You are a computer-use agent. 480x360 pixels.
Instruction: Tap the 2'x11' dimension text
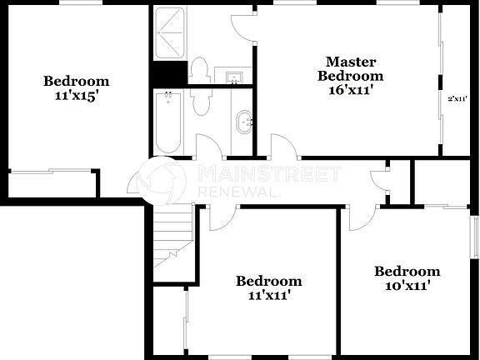[x=457, y=98]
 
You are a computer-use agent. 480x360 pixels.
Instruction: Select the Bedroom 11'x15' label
[x=76, y=87]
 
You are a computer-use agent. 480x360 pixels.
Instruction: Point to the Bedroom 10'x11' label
[x=407, y=278]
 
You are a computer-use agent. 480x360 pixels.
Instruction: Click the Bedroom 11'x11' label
[x=268, y=287]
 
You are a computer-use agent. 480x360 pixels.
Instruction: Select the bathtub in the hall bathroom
[x=167, y=122]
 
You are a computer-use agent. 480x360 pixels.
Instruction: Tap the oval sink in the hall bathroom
[x=245, y=123]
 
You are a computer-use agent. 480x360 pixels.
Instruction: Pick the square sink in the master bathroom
[x=233, y=78]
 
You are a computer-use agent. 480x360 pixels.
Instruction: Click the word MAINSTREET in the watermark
[x=269, y=174]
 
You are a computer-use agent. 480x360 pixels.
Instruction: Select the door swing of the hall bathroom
[x=208, y=147]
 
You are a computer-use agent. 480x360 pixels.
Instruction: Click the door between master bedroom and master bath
[x=244, y=27]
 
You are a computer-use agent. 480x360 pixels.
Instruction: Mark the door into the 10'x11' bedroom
[x=360, y=218]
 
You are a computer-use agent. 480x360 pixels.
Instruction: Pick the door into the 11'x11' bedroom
[x=222, y=218]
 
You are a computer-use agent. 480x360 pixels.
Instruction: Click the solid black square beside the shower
[x=166, y=74]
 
